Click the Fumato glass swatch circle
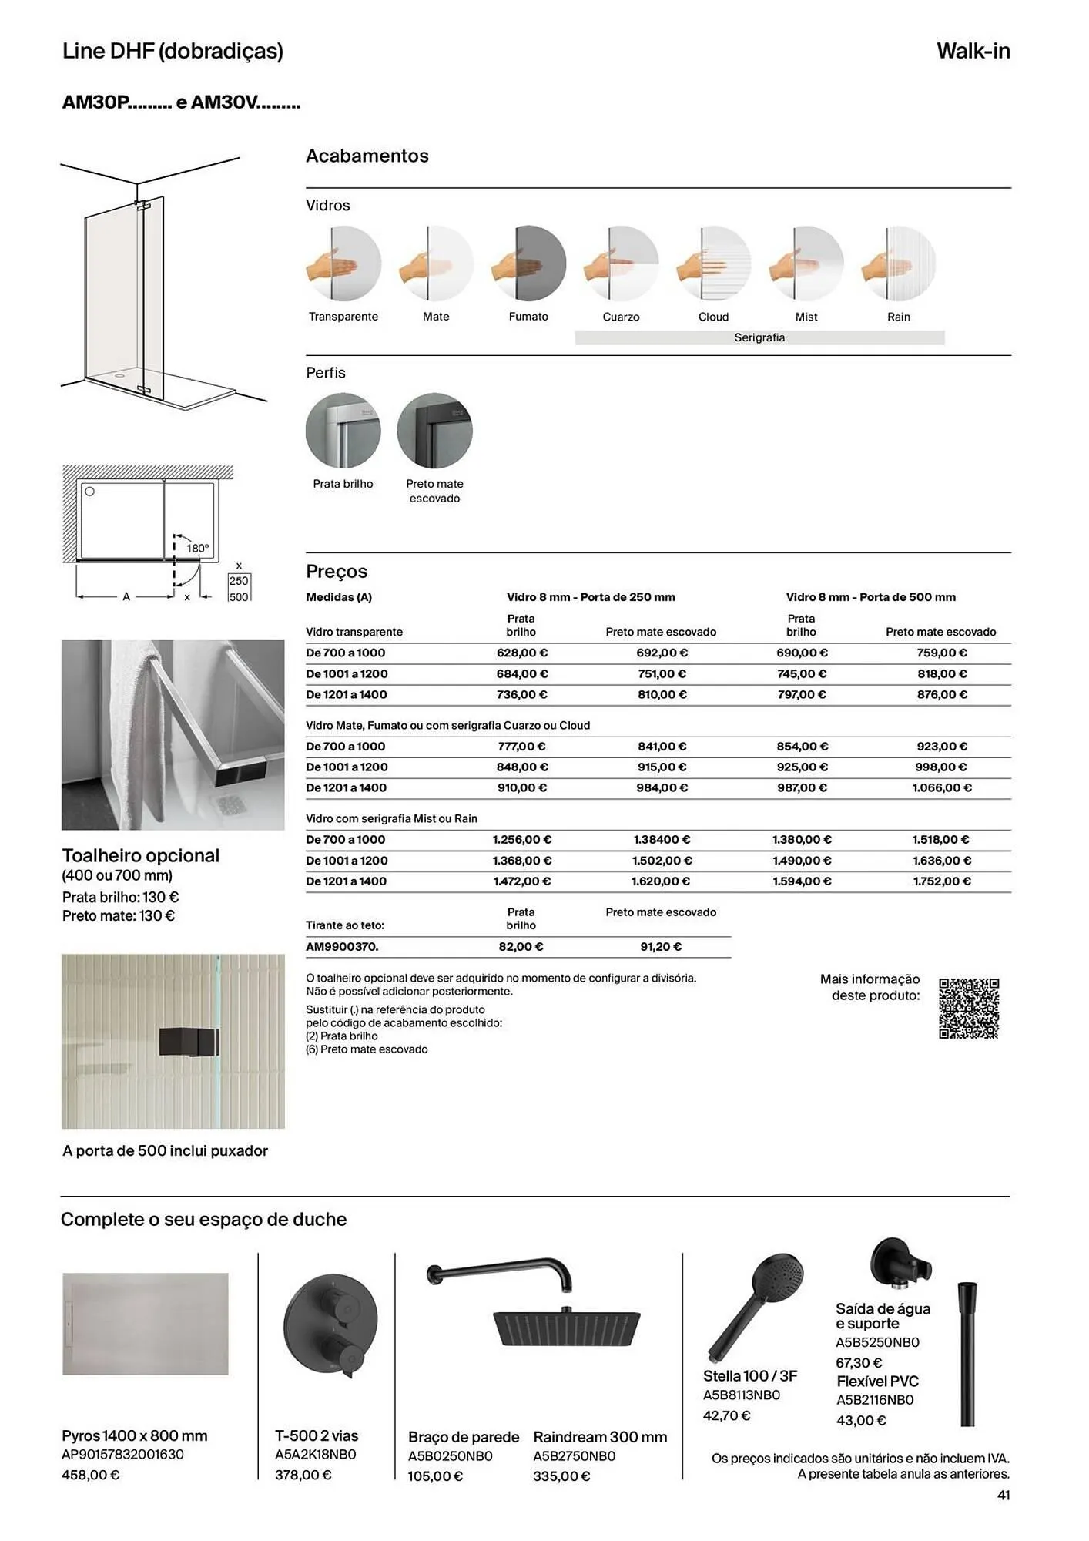(x=528, y=264)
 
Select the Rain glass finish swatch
(x=898, y=264)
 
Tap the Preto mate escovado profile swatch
(x=434, y=430)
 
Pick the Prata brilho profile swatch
(x=343, y=430)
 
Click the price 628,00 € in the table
(x=522, y=653)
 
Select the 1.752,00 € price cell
(x=941, y=881)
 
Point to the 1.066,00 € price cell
(x=941, y=787)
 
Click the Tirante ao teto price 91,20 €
(x=661, y=946)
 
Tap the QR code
(x=969, y=1009)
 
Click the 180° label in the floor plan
(x=197, y=549)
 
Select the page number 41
(x=1003, y=1495)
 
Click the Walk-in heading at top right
(x=973, y=51)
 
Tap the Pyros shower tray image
(x=146, y=1324)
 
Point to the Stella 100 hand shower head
(x=776, y=1279)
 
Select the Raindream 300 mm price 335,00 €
(x=561, y=1476)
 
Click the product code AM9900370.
(x=342, y=946)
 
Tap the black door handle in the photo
(x=189, y=1042)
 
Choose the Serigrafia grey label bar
(x=759, y=337)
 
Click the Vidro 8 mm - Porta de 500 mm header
(x=870, y=597)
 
